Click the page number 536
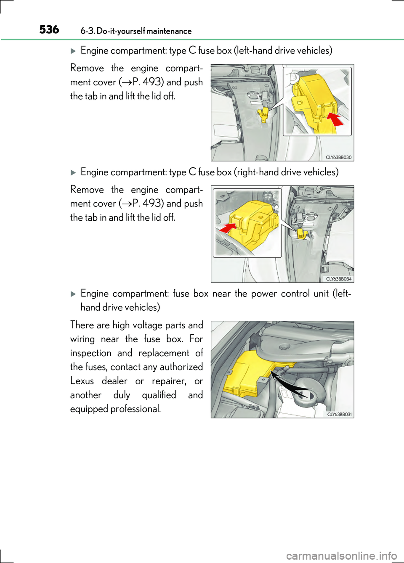tap(49, 29)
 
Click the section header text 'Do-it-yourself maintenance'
tap(144, 31)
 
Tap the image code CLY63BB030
tap(338, 158)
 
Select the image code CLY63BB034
tap(338, 279)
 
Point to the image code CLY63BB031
tap(339, 415)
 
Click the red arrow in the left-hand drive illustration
tap(335, 119)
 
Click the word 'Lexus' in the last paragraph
tap(82, 381)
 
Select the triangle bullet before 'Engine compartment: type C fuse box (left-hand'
tap(73, 51)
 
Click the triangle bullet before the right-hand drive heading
tap(73, 172)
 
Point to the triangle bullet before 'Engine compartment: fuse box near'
tap(73, 294)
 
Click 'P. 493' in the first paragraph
tap(147, 82)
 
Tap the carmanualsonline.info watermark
tap(341, 556)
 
